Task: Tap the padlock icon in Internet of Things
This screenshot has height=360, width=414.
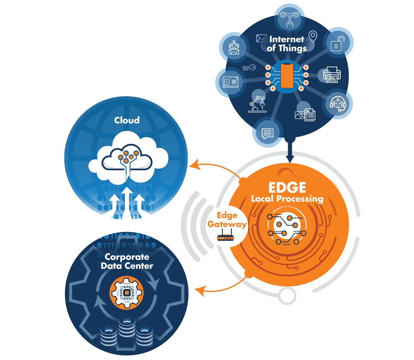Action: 338,43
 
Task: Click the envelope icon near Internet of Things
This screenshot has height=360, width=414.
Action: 261,38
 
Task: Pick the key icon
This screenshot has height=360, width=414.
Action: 249,68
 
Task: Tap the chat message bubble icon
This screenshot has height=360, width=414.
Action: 268,133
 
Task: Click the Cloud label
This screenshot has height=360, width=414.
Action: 127,120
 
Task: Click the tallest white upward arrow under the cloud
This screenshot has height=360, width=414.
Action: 127,203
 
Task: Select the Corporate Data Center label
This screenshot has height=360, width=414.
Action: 127,261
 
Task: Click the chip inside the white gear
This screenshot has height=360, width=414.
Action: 127,293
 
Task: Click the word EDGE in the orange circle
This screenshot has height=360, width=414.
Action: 287,188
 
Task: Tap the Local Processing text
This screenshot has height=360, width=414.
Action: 287,199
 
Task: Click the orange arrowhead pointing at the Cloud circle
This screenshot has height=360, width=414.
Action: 195,165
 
